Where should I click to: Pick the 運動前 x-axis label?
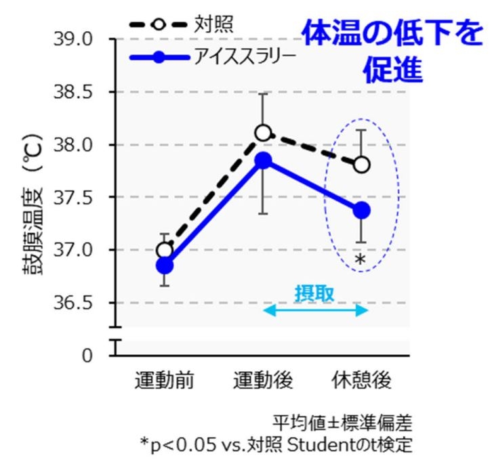pos(164,381)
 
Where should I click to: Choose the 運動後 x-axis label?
pos(263,381)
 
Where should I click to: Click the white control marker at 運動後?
pos(263,132)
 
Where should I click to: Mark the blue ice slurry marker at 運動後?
pos(263,160)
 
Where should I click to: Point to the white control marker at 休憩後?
pos(362,165)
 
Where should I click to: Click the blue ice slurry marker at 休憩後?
pos(362,211)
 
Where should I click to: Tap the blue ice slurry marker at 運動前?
pos(165,265)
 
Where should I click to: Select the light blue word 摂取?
pos(314,293)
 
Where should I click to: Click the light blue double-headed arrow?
pos(314,310)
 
